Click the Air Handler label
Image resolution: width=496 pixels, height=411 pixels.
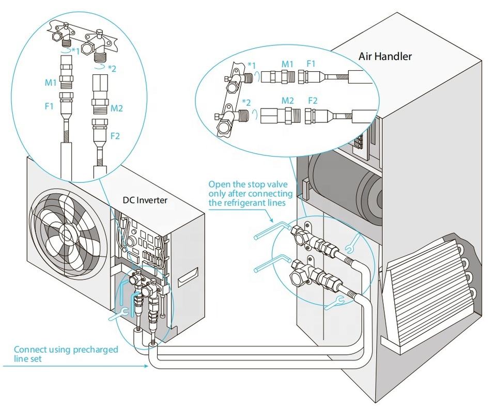coord(385,56)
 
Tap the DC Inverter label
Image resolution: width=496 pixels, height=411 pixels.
coord(145,200)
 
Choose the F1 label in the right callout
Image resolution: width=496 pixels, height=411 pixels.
coord(311,64)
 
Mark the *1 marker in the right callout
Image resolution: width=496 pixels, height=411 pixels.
coord(252,65)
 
